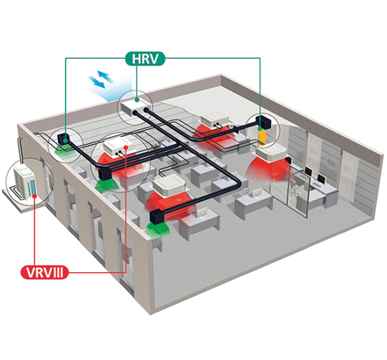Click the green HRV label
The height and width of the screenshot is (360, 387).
(145, 59)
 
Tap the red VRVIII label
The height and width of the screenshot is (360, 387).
(44, 272)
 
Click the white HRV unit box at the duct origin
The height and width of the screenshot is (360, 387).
(135, 104)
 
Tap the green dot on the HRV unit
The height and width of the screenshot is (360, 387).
(137, 100)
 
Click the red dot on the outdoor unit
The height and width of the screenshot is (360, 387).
(35, 195)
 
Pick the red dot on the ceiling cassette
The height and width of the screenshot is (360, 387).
(126, 147)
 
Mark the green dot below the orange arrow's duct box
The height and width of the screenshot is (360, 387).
(260, 129)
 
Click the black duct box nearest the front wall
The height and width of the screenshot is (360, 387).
(158, 216)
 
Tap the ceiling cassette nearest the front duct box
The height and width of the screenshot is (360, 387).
(169, 185)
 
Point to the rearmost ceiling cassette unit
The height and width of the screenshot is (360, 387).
(216, 119)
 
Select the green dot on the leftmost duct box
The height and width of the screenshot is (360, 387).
(66, 140)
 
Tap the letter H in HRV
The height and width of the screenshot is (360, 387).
(137, 59)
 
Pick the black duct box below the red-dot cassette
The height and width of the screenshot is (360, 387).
(105, 174)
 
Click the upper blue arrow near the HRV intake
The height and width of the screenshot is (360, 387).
(105, 76)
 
